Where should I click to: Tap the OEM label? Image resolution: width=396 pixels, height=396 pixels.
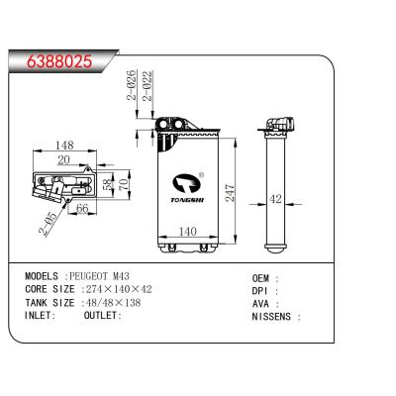262,280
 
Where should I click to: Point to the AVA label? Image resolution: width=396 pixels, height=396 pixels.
262,305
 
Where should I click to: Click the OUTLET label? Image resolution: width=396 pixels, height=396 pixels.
103,316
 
